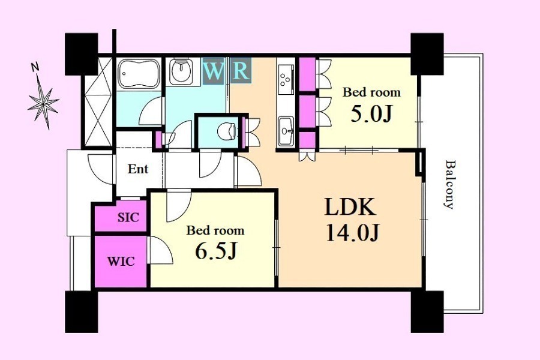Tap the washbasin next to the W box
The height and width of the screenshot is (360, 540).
point(181,71)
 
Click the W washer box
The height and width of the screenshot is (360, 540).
point(213,71)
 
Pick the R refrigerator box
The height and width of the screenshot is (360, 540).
point(241,71)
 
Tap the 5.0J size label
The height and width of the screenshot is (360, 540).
point(371,114)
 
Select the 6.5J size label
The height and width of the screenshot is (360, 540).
point(216,251)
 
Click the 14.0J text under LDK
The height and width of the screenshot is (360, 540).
point(352,233)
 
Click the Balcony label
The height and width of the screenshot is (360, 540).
point(449,184)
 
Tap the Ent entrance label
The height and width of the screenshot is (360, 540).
point(138,169)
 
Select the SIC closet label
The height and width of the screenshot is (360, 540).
point(128,217)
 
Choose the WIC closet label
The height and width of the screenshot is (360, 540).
point(121,262)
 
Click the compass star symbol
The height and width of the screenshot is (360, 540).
point(43,103)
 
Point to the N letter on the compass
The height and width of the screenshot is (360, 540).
point(35,67)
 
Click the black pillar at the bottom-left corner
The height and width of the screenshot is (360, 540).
point(81,312)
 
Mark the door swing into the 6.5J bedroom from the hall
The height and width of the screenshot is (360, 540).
point(178,206)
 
